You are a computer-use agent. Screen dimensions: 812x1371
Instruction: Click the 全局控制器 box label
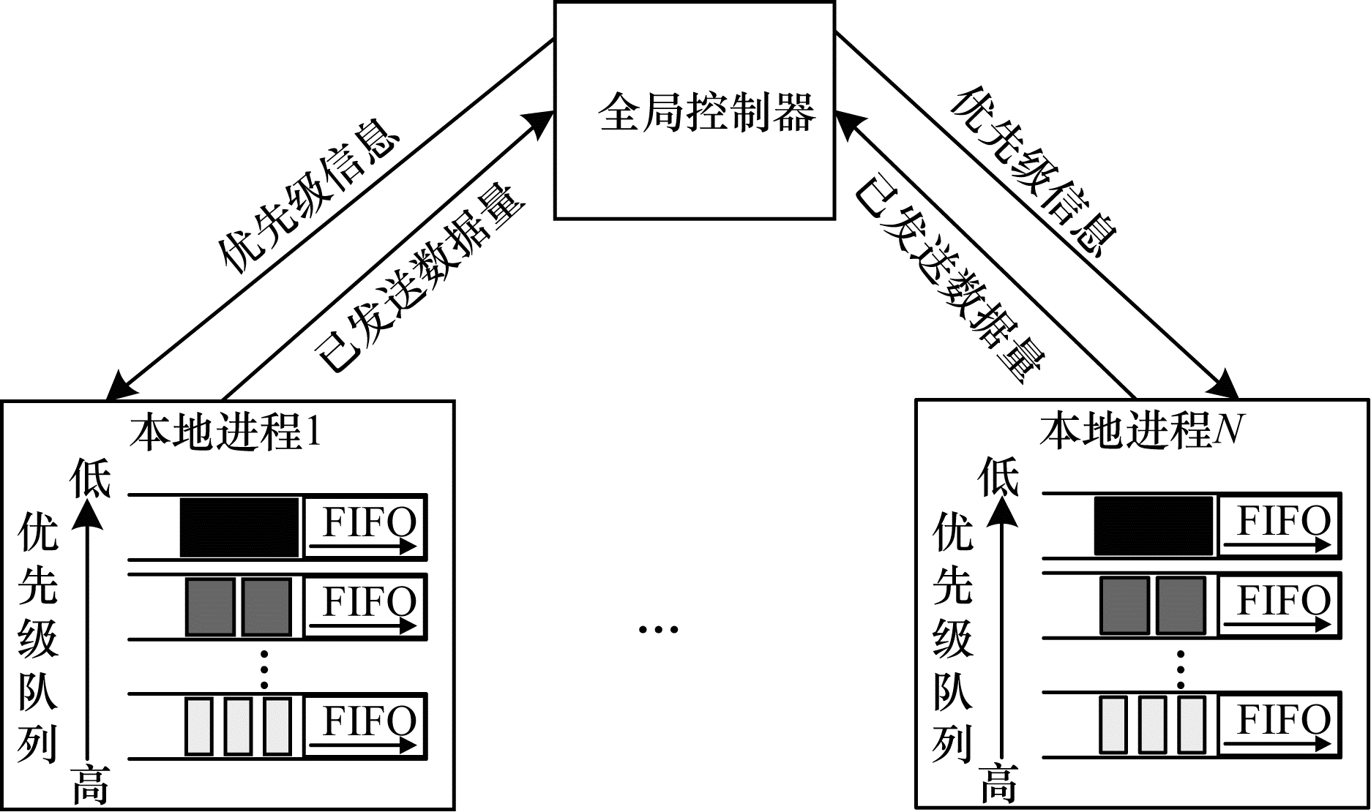(706, 113)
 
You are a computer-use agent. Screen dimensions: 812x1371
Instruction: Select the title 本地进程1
(225, 432)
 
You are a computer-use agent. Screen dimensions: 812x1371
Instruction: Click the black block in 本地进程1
(239, 527)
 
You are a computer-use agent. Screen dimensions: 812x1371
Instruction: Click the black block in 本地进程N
(1154, 526)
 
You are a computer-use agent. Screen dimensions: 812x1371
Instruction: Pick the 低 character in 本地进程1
(89, 479)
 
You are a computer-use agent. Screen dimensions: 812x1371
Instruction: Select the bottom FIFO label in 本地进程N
(1283, 719)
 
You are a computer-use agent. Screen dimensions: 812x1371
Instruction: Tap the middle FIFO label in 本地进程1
(369, 603)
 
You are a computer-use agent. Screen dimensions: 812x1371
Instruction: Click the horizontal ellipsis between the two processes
(658, 628)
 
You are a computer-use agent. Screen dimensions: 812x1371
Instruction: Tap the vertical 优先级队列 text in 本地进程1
(37, 636)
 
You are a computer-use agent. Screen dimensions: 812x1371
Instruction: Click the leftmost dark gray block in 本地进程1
(210, 606)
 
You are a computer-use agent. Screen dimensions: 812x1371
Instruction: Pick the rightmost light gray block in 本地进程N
(1191, 724)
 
